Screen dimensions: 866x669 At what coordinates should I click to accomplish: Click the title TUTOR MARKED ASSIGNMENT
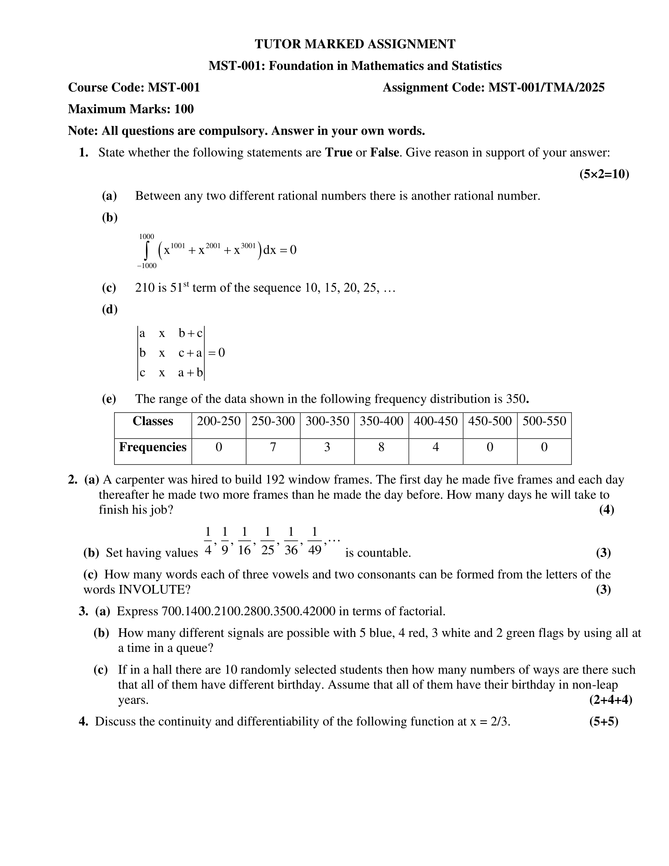coord(355,44)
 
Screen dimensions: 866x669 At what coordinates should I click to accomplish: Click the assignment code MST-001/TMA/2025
coord(546,88)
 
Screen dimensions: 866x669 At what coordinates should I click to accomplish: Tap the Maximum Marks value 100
coord(184,109)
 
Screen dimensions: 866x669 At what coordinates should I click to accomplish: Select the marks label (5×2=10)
coord(604,174)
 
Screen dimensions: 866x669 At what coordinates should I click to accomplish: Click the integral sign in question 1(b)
coord(147,251)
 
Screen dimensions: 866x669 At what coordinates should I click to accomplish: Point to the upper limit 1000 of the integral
coord(147,236)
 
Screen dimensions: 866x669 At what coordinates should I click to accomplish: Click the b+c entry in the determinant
coord(190,333)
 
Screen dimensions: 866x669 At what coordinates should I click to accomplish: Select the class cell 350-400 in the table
coord(381,421)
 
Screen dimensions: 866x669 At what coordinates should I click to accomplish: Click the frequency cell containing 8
coord(381,447)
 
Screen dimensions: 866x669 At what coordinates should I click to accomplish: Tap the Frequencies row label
coord(153,447)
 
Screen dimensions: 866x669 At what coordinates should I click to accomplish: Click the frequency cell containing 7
coord(273,447)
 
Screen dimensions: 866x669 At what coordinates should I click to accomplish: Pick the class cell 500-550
coord(544,421)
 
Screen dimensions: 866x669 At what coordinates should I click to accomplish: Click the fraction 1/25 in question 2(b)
coord(268,541)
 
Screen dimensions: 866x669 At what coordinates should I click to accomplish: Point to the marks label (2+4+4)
coord(610,700)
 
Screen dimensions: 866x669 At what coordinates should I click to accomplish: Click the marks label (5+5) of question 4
coord(604,721)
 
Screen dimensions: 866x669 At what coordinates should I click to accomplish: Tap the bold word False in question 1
coord(384,153)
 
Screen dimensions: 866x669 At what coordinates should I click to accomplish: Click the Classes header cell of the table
coord(153,421)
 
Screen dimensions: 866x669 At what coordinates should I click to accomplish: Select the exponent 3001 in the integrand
coord(248,246)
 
